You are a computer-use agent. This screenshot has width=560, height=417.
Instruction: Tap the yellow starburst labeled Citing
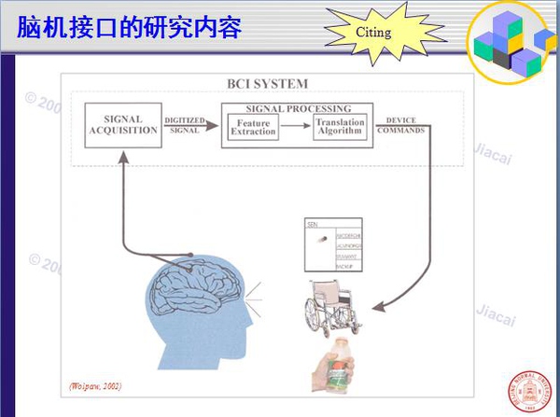[x=373, y=33]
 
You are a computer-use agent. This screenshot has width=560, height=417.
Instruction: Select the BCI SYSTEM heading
[x=267, y=84]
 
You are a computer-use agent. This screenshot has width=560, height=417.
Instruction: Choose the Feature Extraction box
[x=255, y=128]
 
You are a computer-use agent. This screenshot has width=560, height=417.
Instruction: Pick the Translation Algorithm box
[x=339, y=128]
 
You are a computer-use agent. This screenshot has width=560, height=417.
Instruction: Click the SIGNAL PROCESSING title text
[x=298, y=108]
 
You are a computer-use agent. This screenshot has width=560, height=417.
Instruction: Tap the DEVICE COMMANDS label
[x=400, y=125]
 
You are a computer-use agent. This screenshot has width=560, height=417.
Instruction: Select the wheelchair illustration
[x=332, y=308]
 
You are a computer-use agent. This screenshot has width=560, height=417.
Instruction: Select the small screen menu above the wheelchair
[x=334, y=245]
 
